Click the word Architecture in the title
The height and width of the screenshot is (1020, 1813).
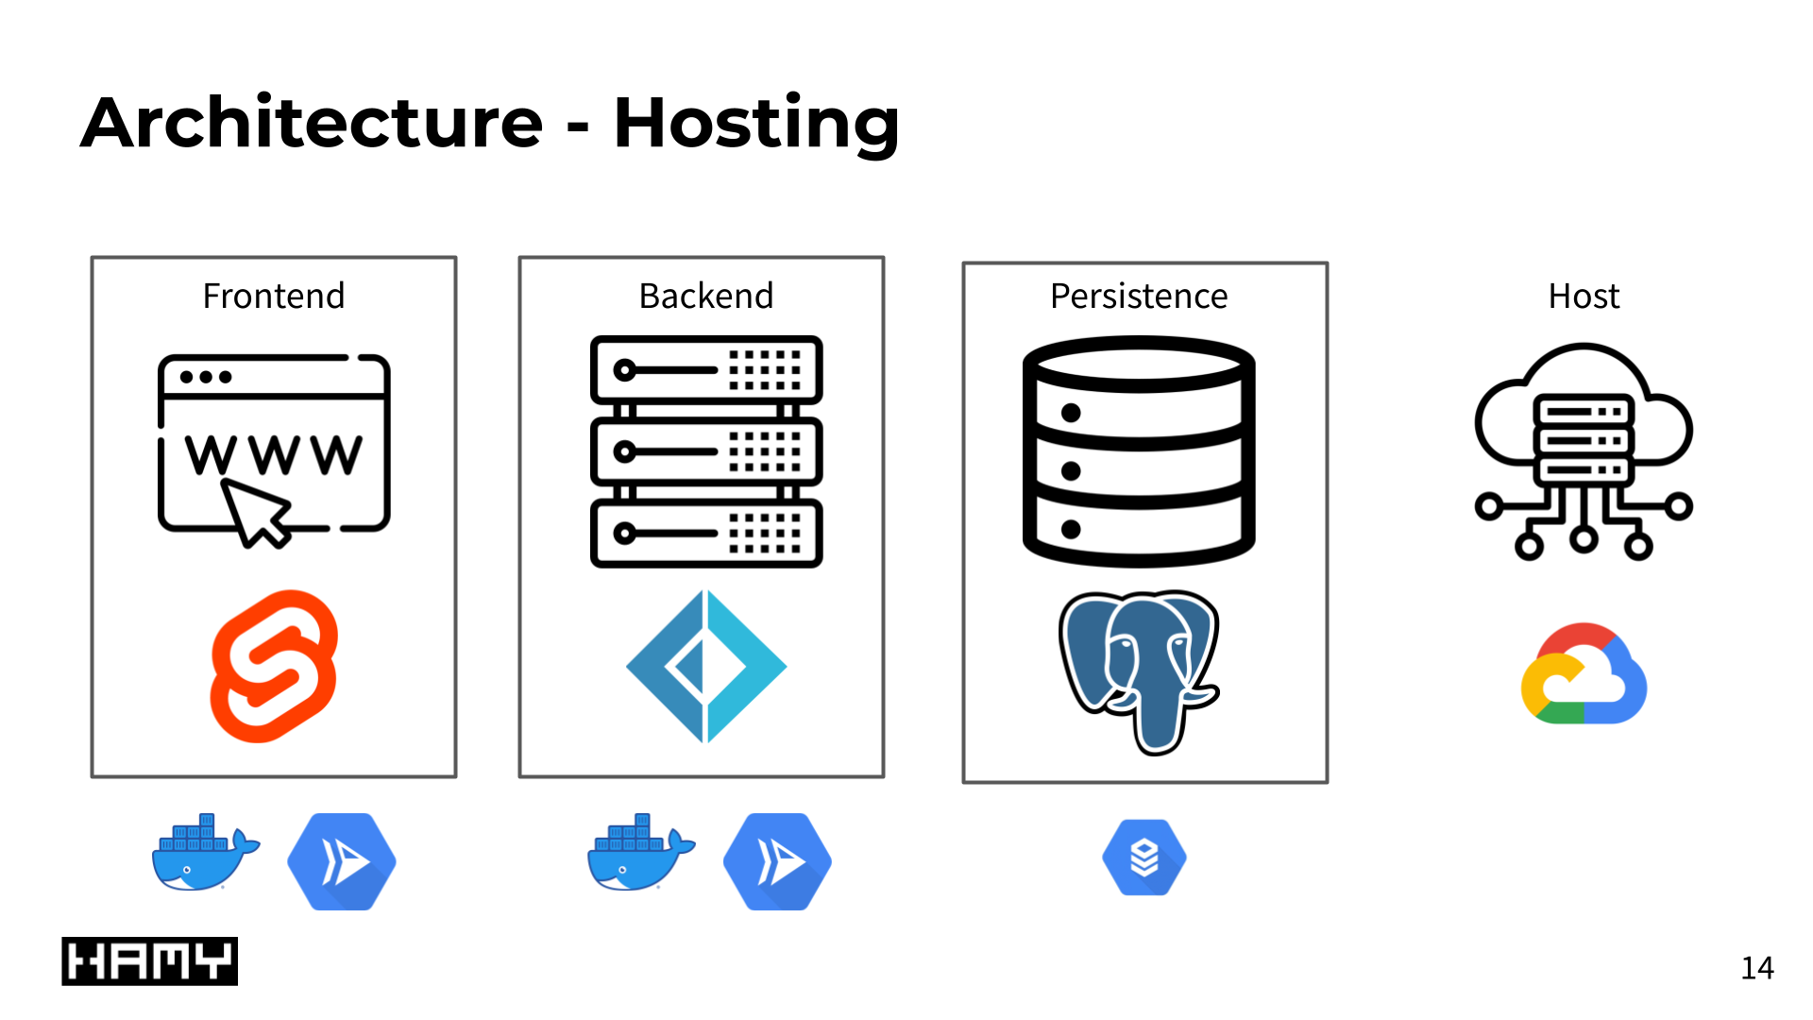coord(312,123)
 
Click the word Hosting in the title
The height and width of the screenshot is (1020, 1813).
coord(755,125)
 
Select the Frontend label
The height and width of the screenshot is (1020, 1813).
coord(274,297)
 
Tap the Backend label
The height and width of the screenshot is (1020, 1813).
coord(706,297)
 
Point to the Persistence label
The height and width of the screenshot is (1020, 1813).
coord(1139,297)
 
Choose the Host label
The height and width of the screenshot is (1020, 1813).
coord(1584,297)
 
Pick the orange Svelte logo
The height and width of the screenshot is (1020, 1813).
coord(274,666)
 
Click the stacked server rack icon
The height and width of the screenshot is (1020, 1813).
coord(706,451)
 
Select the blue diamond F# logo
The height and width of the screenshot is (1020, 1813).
coord(706,666)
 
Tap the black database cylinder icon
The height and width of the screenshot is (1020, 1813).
coord(1139,451)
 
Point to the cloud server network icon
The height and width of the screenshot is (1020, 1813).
coord(1584,451)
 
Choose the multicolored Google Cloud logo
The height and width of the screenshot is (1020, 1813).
coord(1584,674)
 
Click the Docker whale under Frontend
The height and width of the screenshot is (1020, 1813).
coord(204,854)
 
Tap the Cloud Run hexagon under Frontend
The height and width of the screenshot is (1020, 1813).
coord(342,861)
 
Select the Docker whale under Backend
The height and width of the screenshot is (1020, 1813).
coord(639,854)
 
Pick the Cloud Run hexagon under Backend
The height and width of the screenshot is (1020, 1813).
coord(777,861)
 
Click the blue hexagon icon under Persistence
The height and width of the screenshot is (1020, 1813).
coord(1144,858)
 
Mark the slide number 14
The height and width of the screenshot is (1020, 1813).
coord(1757,968)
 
